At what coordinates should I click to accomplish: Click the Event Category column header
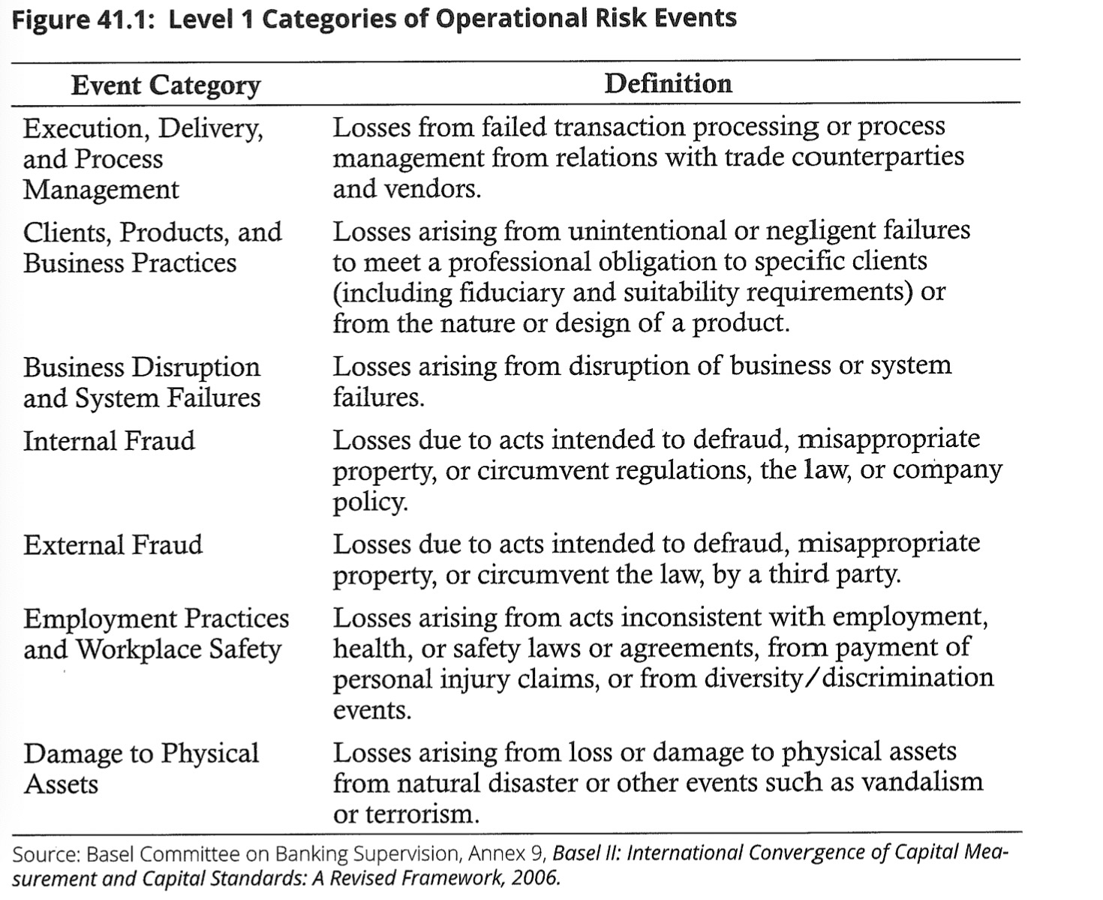point(166,85)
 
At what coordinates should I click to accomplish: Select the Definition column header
point(668,83)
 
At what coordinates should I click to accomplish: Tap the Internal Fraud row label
point(109,441)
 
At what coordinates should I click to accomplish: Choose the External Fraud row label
point(113,544)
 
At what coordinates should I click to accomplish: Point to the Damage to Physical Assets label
point(140,768)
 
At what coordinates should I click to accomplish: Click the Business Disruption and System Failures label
point(142,382)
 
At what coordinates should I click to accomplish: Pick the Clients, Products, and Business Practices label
point(152,247)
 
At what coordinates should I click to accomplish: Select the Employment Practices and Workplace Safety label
point(155,634)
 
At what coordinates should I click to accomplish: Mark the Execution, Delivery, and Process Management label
point(143,159)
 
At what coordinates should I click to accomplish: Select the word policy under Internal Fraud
point(370,501)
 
